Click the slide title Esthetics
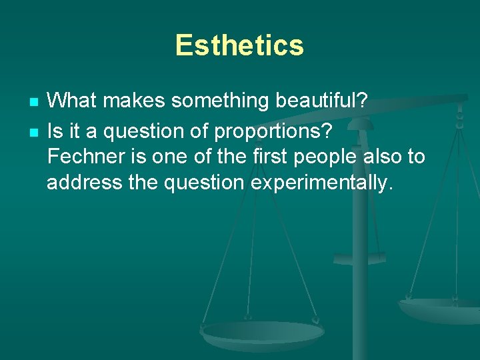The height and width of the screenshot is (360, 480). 239,46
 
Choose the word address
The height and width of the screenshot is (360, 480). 84,183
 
